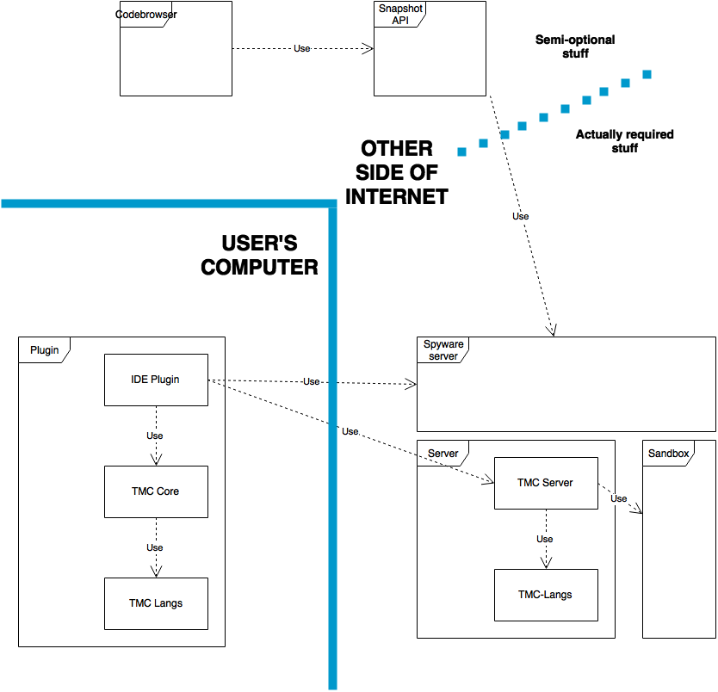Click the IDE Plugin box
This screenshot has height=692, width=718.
click(156, 380)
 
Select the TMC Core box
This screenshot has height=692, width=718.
click(156, 491)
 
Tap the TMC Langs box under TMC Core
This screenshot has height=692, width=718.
click(156, 603)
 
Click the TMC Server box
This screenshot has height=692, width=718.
click(546, 483)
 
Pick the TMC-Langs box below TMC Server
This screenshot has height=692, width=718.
click(546, 595)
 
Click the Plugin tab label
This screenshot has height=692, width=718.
click(44, 349)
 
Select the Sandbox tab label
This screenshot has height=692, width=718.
click(668, 453)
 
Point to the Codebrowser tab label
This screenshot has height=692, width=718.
click(145, 14)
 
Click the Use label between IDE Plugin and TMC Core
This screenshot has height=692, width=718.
click(155, 436)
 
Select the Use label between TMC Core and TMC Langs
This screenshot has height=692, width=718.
click(155, 548)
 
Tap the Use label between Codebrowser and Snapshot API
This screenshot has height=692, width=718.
click(302, 49)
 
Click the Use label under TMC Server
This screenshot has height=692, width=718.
click(545, 540)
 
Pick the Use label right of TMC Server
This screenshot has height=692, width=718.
click(619, 499)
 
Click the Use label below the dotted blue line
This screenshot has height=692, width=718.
click(521, 217)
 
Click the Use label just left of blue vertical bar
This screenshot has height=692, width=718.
click(312, 382)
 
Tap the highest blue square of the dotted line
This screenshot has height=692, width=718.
click(647, 74)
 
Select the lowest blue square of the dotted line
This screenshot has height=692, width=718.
click(461, 151)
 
